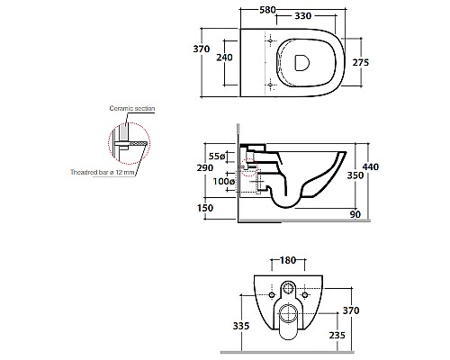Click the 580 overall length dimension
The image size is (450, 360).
pos(267,10)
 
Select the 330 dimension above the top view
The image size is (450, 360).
pos(302,16)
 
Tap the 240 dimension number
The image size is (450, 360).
pos(224,57)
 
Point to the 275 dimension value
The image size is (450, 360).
pos(361,62)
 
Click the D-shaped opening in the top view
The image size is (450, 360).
pos(301,63)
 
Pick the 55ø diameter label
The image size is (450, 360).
pos(217,157)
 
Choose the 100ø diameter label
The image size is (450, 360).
pos(224,182)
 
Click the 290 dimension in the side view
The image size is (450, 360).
pos(205,167)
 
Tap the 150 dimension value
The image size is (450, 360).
pos(205,208)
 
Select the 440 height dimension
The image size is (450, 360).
pos(371,166)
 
